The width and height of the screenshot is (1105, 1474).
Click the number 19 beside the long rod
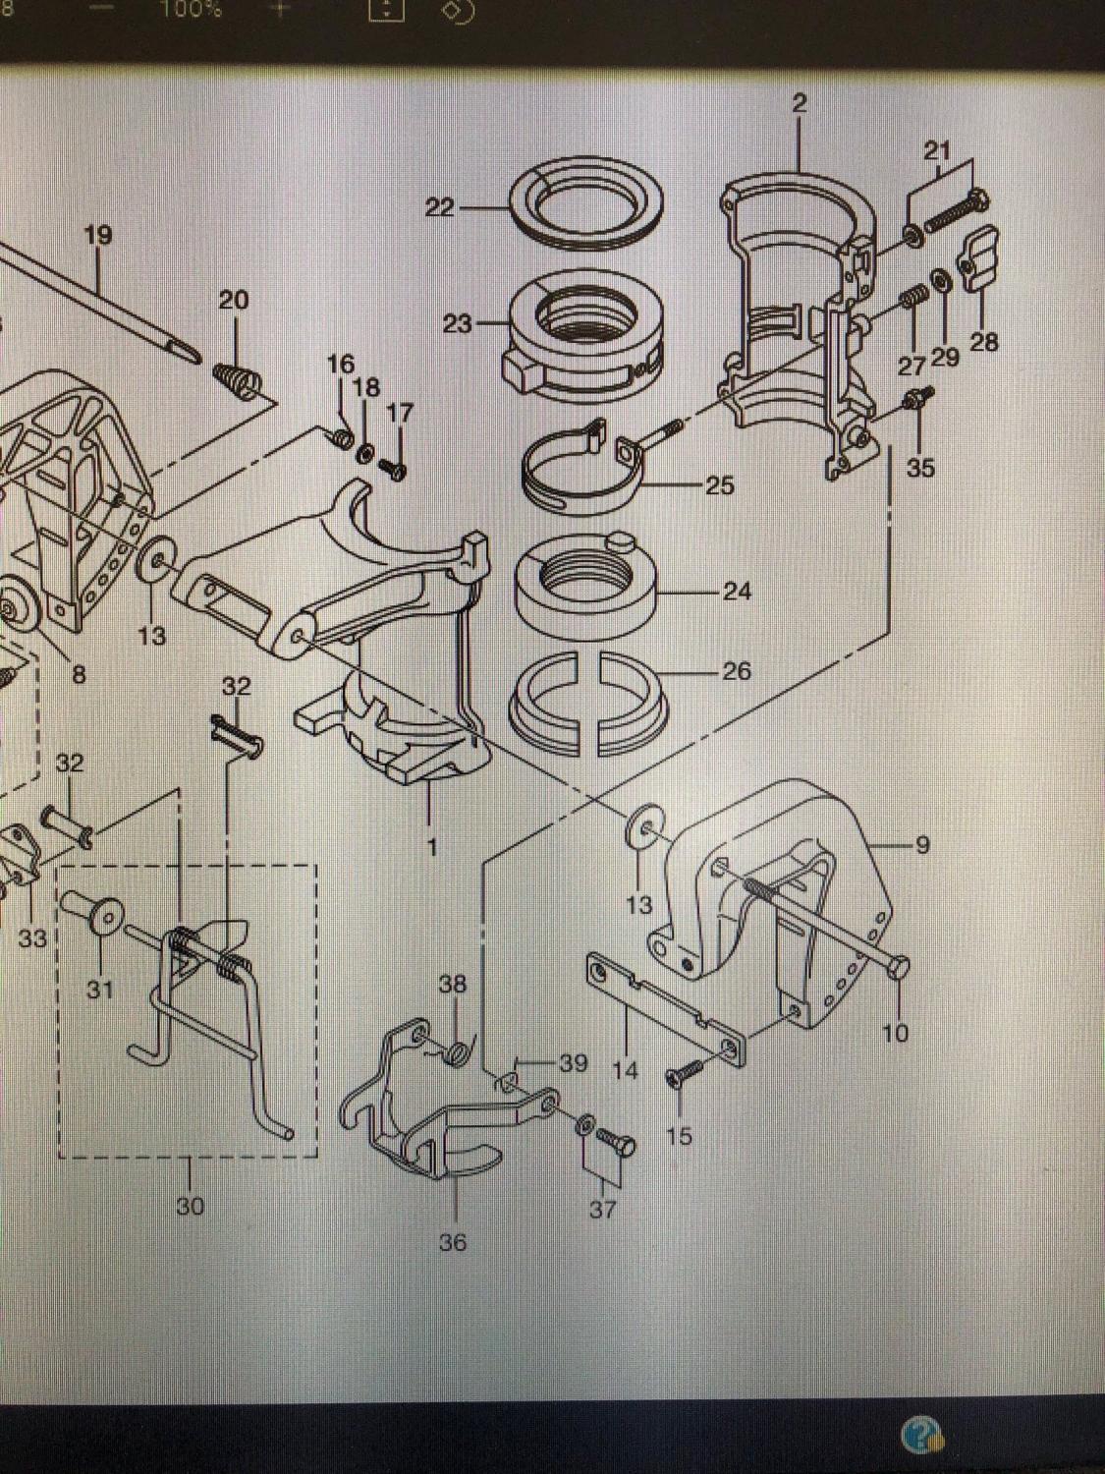[x=98, y=236]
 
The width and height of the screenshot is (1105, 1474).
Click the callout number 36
[x=453, y=1242]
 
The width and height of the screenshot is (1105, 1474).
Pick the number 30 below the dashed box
[x=191, y=1205]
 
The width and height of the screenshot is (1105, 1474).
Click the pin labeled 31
[x=95, y=915]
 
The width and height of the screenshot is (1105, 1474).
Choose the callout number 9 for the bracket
[x=921, y=844]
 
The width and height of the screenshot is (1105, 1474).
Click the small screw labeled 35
[x=919, y=396]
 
